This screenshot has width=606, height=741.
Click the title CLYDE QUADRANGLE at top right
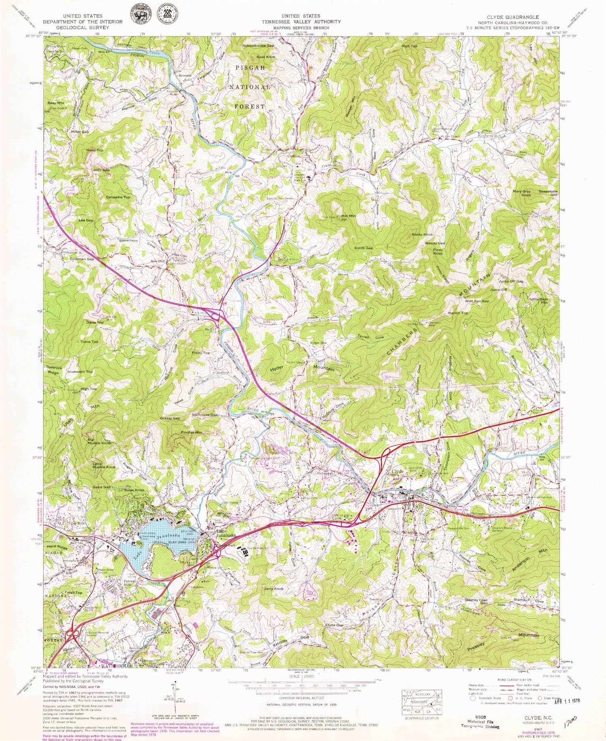512,17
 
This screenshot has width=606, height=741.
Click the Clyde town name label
398,472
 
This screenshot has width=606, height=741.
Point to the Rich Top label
409,46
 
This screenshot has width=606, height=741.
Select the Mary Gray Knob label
521,193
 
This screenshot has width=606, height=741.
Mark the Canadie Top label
118,197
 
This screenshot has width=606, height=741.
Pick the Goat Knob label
266,57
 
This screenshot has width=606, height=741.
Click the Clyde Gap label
334,625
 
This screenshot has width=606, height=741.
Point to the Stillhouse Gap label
205,415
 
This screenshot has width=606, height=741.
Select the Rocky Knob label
422,234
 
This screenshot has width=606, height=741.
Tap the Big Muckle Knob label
99,441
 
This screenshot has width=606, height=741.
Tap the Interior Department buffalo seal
138,15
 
